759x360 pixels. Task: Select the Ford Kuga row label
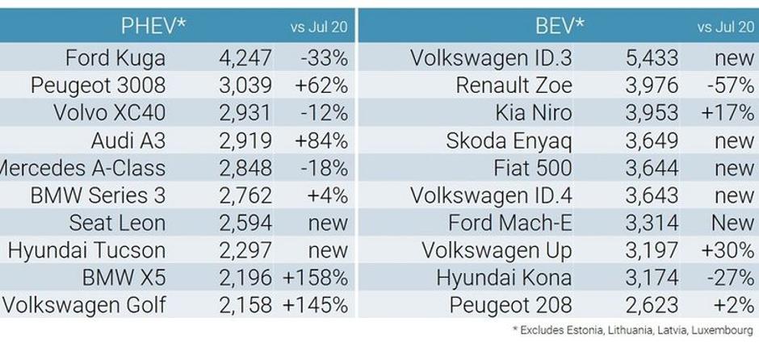point(115,58)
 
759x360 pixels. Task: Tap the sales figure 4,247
point(245,58)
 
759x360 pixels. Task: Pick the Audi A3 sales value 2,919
point(245,140)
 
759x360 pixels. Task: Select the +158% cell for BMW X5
point(315,278)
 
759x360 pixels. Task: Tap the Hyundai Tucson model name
point(86,250)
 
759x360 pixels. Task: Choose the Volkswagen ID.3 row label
point(491,58)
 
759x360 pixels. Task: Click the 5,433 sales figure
point(652,58)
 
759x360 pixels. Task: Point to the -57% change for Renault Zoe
point(733,86)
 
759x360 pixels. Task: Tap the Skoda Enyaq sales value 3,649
point(652,140)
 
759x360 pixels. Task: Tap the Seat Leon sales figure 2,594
point(245,223)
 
